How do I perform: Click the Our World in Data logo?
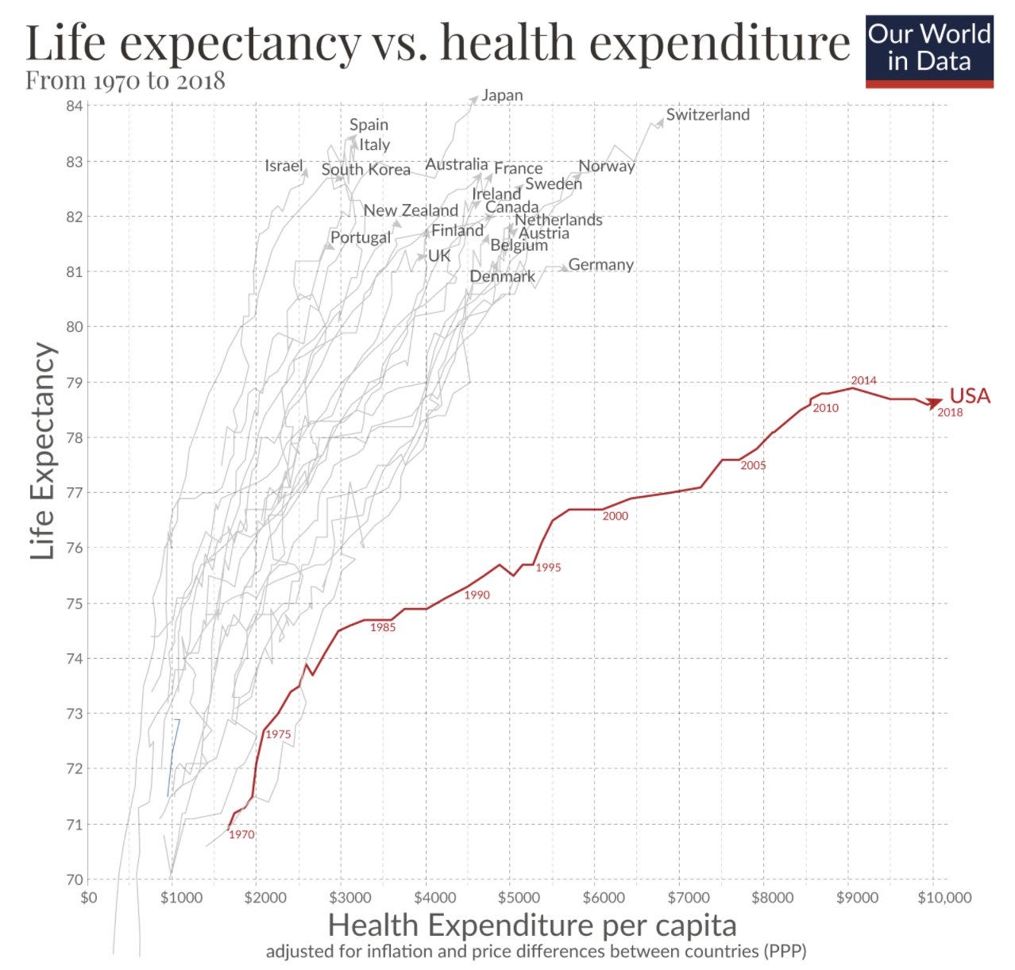[928, 49]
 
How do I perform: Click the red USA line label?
[970, 395]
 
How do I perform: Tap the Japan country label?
[502, 95]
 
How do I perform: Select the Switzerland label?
[707, 114]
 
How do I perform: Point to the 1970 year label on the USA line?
[241, 834]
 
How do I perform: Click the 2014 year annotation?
[863, 380]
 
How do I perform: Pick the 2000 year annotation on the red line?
[615, 516]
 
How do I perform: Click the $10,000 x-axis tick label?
[944, 898]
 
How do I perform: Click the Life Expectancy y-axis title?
[44, 451]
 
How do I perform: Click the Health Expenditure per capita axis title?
[532, 926]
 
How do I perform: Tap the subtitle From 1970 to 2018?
[125, 81]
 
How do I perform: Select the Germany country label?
[600, 264]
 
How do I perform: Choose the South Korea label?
[365, 170]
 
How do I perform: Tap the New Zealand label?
[411, 210]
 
